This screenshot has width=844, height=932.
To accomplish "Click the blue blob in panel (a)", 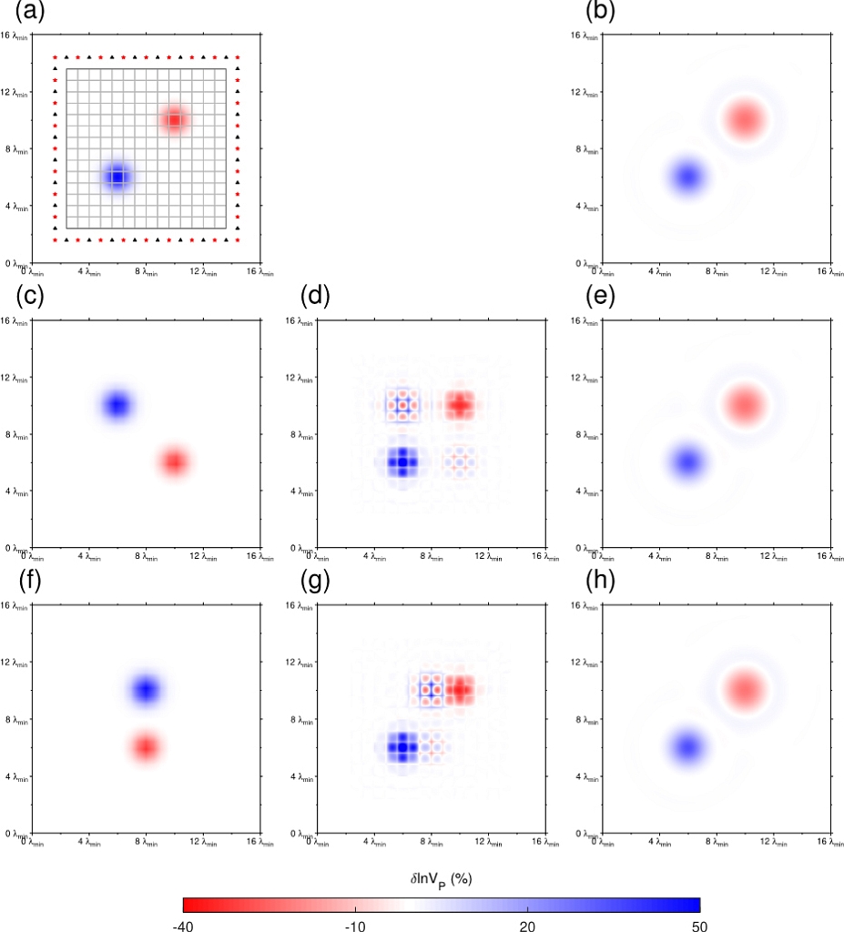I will click(x=117, y=176).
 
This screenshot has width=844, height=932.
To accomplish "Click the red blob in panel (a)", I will click(x=175, y=118).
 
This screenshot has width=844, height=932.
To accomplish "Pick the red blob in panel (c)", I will click(x=174, y=461).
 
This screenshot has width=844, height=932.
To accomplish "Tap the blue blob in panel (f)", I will click(x=146, y=689).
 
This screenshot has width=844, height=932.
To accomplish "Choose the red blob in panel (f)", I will click(x=146, y=747).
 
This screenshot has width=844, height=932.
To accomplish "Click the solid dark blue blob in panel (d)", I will click(x=402, y=461).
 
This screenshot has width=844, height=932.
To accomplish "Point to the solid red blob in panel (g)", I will click(x=459, y=689).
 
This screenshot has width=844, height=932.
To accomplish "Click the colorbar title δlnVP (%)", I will click(x=441, y=880).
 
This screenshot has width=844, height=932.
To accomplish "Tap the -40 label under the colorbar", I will click(x=183, y=926).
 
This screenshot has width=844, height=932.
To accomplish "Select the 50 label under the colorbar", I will click(x=698, y=926).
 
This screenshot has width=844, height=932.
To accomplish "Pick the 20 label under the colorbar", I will click(x=527, y=926).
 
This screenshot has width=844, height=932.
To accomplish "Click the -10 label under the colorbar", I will click(x=355, y=926).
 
